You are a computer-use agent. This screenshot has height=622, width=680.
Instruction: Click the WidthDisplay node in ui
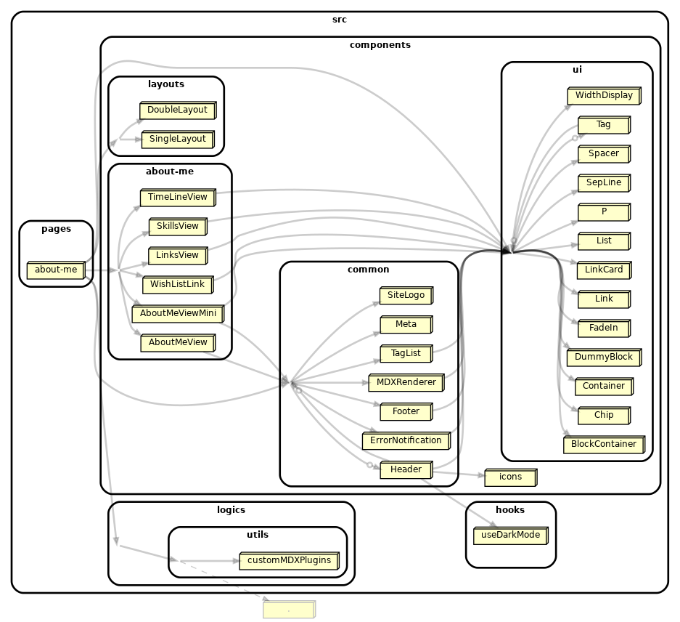tap(603, 95)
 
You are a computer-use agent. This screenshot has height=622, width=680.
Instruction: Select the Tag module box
tap(603, 124)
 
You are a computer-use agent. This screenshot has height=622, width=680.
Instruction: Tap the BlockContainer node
tap(603, 444)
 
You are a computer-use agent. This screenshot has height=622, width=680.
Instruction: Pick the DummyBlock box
tap(603, 357)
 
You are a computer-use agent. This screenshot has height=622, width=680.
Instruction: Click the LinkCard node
tap(603, 270)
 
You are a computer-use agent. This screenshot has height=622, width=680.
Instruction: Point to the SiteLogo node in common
tap(406, 295)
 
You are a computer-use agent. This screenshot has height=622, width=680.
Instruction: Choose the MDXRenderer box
tap(406, 382)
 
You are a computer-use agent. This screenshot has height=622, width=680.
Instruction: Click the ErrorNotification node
tap(406, 440)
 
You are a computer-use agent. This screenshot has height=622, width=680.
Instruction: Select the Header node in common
tap(406, 469)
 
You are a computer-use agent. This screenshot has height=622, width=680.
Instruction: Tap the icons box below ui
tap(510, 477)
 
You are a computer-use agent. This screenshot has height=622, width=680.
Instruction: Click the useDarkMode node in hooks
tap(510, 536)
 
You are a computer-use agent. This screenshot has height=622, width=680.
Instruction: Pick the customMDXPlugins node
tap(289, 560)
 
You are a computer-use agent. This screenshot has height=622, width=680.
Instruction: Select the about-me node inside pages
tap(55, 270)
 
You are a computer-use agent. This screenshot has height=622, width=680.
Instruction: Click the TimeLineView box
tap(177, 197)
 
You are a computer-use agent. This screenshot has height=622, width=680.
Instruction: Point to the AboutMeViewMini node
tap(177, 313)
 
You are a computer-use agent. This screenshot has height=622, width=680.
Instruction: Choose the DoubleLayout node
tap(177, 110)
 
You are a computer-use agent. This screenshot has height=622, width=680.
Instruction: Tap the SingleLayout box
tap(177, 139)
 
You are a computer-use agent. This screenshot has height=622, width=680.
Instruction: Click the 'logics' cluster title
tap(231, 510)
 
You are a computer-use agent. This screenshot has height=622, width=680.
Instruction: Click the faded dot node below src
tap(288, 610)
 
